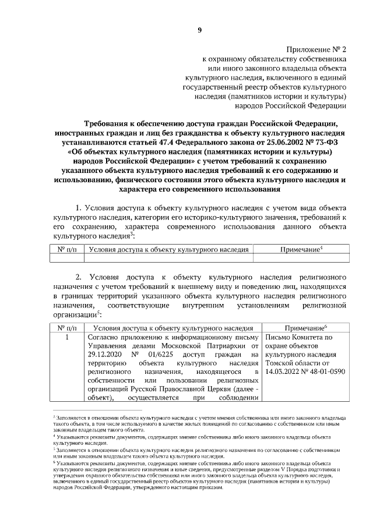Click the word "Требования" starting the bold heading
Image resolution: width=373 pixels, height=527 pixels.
click(x=112, y=123)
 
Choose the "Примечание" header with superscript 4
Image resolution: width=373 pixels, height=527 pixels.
click(x=301, y=249)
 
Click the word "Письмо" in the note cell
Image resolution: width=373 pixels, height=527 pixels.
click(x=277, y=337)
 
